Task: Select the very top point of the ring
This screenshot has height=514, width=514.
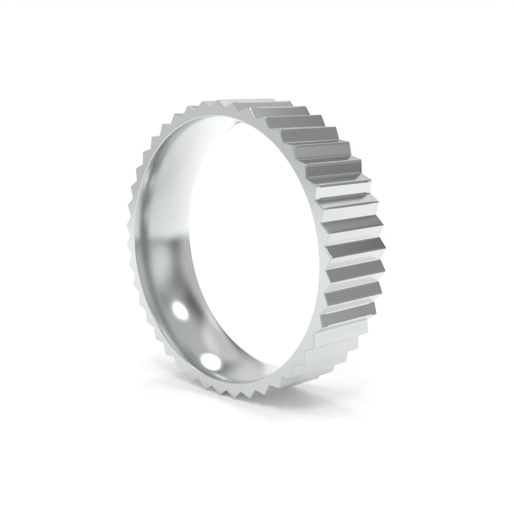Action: click(x=225, y=101)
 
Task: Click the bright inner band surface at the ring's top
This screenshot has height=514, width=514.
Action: click(x=212, y=125)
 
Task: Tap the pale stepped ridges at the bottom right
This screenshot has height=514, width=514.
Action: click(x=321, y=350)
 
